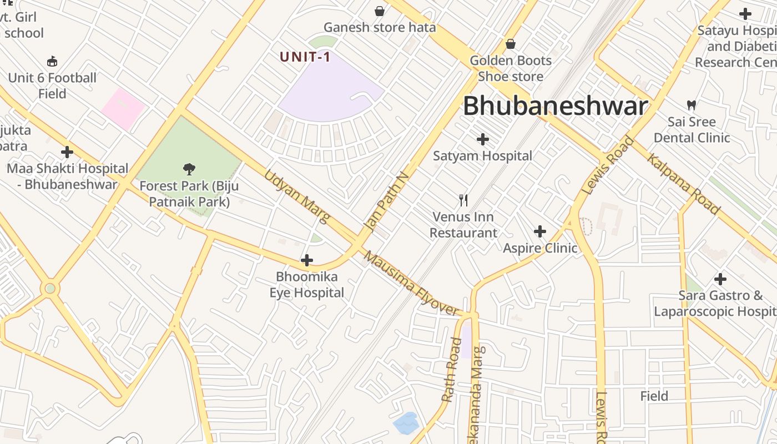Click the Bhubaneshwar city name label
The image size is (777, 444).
(x=555, y=106)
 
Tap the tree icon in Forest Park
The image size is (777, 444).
(x=189, y=168)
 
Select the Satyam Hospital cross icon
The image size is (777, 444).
(x=483, y=139)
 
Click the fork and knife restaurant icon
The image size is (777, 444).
(x=463, y=200)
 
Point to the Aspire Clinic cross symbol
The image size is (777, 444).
(x=539, y=231)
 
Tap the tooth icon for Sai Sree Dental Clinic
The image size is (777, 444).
(x=692, y=104)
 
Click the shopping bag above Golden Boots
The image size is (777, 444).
(x=511, y=43)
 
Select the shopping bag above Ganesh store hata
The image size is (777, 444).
(x=380, y=11)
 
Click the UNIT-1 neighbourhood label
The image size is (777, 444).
(x=305, y=57)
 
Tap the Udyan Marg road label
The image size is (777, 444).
(x=296, y=195)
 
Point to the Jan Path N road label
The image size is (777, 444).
(x=387, y=201)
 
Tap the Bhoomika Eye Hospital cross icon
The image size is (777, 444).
(x=306, y=260)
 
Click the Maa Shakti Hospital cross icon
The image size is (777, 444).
(x=67, y=152)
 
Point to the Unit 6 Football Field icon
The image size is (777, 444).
(x=52, y=61)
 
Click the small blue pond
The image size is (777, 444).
(x=406, y=423)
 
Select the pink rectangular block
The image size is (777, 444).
(x=123, y=109)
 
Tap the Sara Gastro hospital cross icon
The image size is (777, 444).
(x=720, y=279)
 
